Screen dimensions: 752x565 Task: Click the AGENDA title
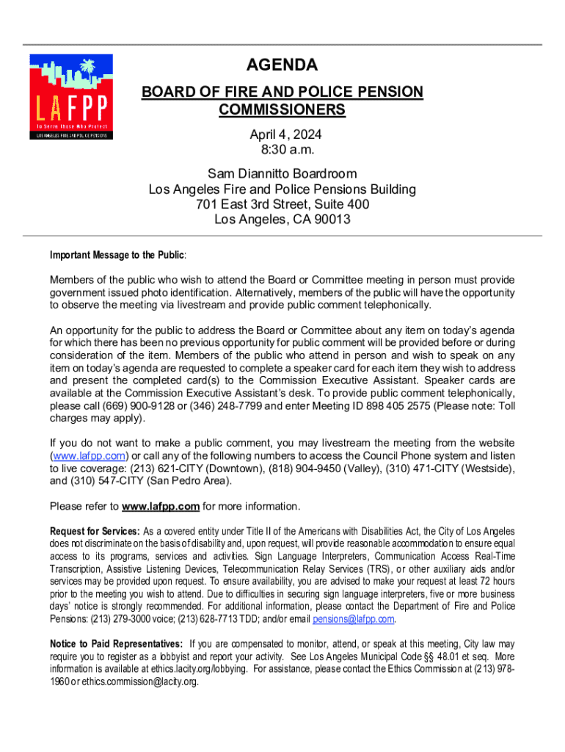282,65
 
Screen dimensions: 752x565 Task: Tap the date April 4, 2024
282,135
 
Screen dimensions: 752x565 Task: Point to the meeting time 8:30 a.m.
282,151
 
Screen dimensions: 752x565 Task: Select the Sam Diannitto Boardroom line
282,174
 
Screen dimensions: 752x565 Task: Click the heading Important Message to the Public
117,256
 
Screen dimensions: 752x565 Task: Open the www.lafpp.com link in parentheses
82,455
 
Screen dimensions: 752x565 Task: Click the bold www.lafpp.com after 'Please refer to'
161,507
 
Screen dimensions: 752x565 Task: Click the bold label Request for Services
94,531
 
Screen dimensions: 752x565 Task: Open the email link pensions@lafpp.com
354,619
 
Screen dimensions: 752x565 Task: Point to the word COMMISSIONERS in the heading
282,110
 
